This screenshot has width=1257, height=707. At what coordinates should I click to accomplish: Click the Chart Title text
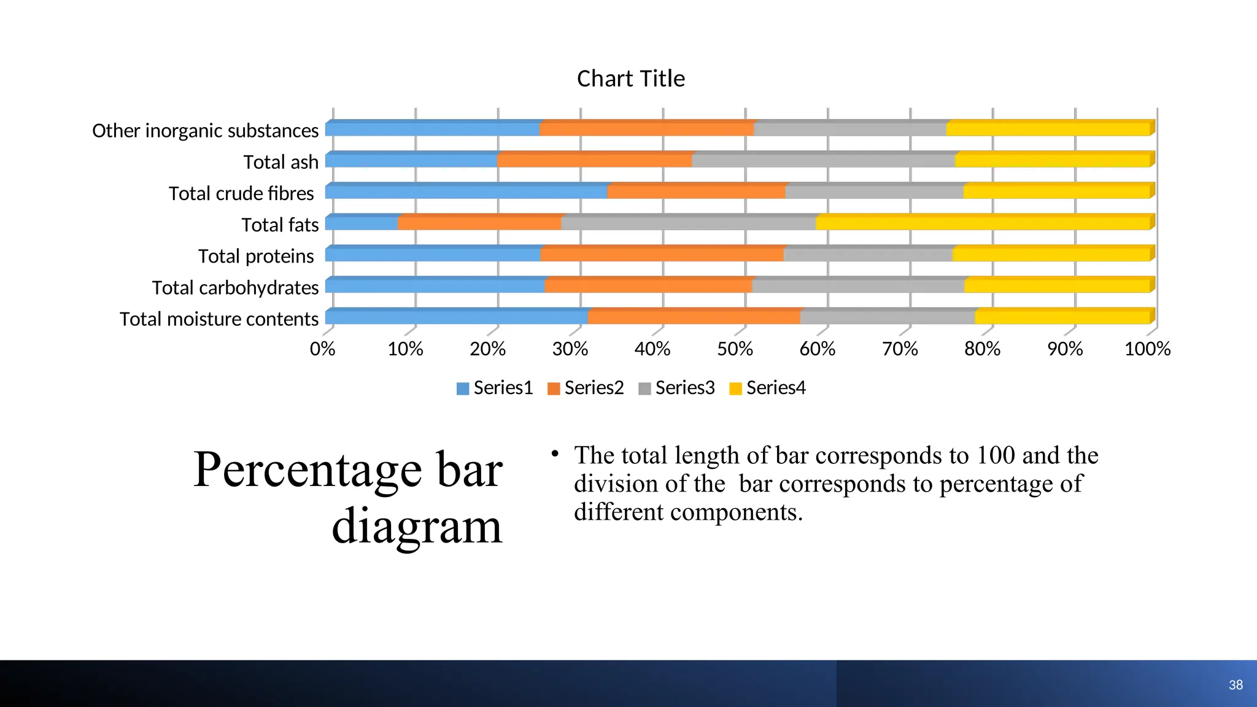pos(630,79)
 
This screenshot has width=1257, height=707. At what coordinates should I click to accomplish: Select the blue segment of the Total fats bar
pos(362,223)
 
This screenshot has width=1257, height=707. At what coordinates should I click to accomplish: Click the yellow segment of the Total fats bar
pos(982,223)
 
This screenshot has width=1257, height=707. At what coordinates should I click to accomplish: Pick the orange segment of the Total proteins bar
pos(662,254)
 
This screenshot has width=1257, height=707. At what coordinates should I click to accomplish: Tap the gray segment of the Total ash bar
pos(822,160)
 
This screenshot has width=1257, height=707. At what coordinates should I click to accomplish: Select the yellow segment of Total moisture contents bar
pos(1062,317)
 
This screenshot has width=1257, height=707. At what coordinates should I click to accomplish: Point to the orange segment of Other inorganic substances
pos(646,129)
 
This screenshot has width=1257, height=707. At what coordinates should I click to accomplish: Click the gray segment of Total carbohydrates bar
pos(857,286)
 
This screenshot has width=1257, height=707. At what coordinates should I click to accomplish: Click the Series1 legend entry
pos(495,388)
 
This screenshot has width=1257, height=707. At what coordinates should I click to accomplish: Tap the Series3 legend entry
pos(676,388)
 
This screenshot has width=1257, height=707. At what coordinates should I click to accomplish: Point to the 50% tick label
pos(735,349)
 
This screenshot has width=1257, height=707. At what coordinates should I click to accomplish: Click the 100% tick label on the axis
pos(1147,349)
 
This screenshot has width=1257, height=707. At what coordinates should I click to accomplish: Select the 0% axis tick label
pos(323,349)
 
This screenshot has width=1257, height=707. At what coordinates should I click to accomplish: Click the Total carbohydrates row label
pos(235,287)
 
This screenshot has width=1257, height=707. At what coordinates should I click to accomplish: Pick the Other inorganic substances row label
pos(205,131)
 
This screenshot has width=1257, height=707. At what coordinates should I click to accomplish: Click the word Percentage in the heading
pos(307,470)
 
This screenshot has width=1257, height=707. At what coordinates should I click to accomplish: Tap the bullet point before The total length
pos(555,454)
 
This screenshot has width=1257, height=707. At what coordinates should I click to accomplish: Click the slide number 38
pos(1236,685)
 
